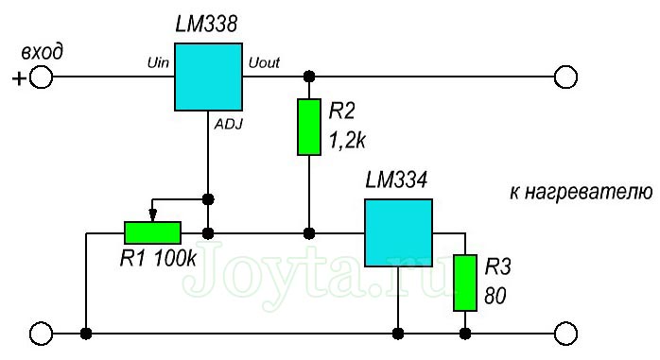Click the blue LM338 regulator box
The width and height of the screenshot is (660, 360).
click(208, 77)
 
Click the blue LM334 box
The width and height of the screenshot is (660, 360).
click(398, 231)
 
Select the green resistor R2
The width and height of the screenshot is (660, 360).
click(309, 126)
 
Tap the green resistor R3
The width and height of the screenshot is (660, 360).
click(464, 282)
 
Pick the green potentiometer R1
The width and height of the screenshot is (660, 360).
click(152, 231)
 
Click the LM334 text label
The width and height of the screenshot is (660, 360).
click(398, 177)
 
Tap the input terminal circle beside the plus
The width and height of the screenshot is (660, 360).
click(43, 78)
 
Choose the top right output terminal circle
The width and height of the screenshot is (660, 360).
click(565, 78)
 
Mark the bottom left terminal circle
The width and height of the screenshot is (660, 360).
click(42, 333)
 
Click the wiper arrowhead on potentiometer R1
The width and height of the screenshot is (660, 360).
click(152, 214)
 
